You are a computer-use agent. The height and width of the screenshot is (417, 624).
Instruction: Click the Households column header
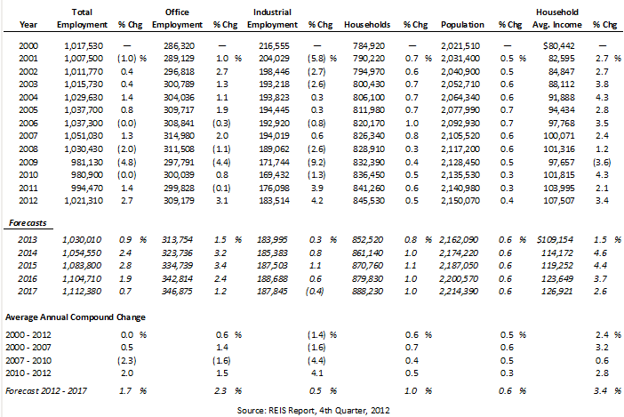[367, 25]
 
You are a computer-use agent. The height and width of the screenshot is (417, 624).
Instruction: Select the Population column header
[462, 25]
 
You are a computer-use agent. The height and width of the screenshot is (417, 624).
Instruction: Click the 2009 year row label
[28, 163]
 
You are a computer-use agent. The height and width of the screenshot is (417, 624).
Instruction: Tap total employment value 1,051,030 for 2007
[84, 136]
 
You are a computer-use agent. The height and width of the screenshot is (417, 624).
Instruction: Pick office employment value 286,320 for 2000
[179, 45]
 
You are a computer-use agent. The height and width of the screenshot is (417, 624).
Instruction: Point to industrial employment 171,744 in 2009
[274, 163]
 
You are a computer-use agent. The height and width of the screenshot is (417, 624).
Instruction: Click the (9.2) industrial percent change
[316, 163]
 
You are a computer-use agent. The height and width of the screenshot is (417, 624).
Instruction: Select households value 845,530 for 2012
[369, 201]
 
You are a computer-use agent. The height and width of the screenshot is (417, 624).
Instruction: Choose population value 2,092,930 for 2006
[460, 124]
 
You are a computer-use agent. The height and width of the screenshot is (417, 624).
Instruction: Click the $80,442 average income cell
[559, 45]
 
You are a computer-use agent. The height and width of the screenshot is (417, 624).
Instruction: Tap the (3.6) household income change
[602, 163]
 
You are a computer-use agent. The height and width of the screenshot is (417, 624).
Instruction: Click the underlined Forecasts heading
[28, 223]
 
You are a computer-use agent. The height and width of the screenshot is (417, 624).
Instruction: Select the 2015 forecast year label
[28, 265]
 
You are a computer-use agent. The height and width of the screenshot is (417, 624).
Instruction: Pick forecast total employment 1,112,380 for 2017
[82, 292]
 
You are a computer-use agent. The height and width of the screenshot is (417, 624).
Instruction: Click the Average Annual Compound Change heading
[76, 317]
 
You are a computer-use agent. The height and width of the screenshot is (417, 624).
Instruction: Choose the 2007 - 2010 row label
[28, 360]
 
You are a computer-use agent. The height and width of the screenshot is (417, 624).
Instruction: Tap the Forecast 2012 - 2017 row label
[45, 390]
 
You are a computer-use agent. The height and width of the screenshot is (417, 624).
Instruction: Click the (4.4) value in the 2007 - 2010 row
[316, 360]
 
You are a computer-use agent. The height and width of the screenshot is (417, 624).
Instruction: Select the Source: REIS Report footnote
[314, 410]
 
